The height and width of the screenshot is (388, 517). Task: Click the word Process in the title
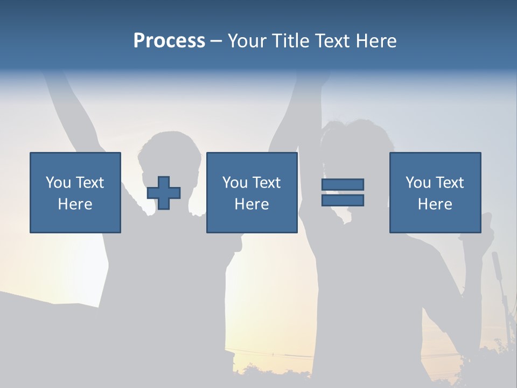click(169, 41)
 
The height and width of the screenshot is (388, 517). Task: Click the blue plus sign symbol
click(164, 192)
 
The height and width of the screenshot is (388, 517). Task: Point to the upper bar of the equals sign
click(343, 184)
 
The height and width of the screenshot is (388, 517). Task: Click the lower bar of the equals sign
click(343, 200)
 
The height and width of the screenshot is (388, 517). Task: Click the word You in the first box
click(58, 183)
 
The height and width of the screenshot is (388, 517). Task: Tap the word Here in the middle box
click(251, 204)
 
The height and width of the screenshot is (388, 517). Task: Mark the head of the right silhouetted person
click(353, 143)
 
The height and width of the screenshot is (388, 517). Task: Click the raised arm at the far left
click(73, 108)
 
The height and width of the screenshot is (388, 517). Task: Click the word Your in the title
click(247, 41)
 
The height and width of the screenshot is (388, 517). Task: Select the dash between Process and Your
click(216, 41)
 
